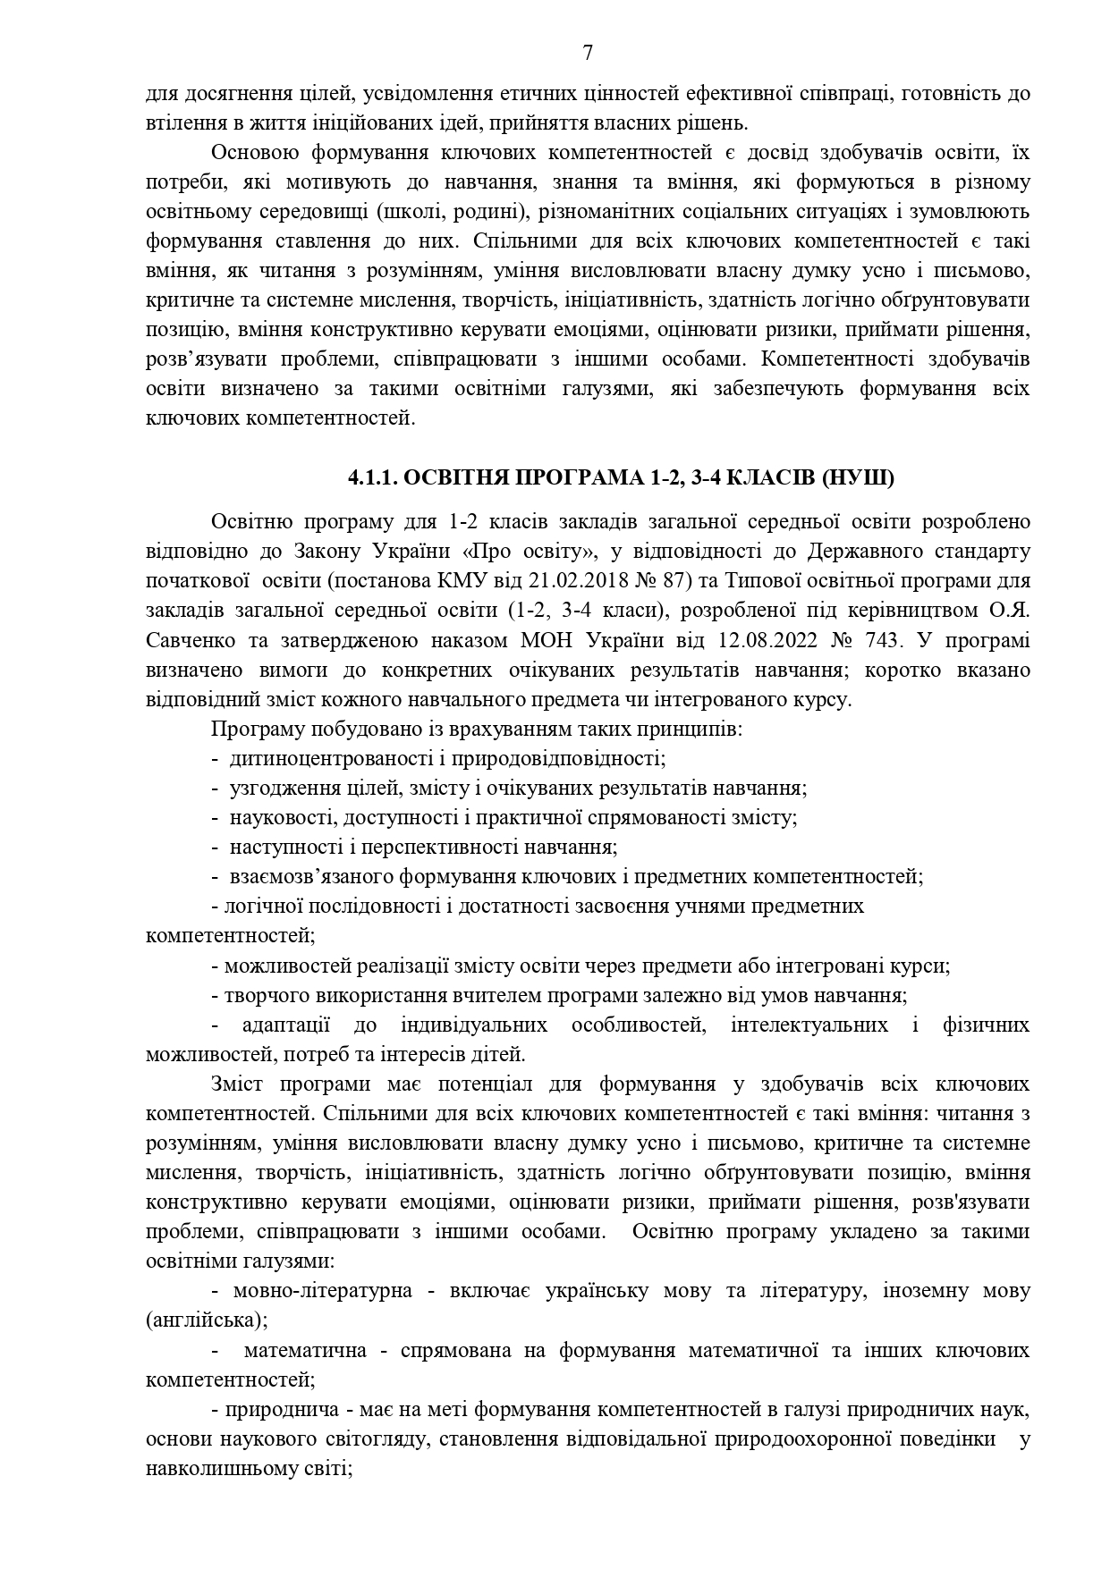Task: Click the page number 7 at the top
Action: point(588,53)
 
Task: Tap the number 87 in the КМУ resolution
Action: point(675,581)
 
